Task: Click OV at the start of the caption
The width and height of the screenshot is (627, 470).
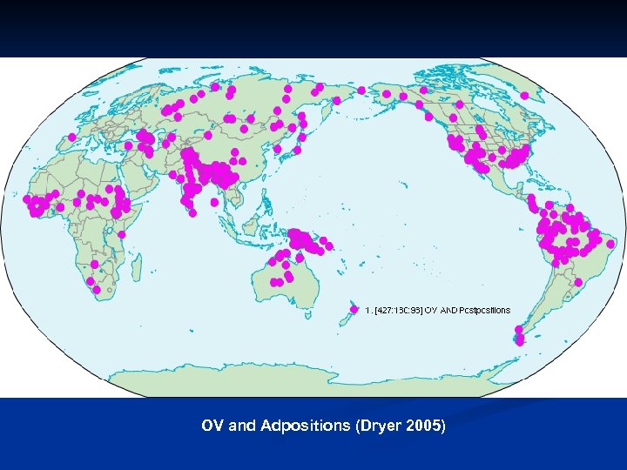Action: [212, 426]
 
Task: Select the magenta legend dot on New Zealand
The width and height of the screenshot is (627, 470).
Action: [354, 310]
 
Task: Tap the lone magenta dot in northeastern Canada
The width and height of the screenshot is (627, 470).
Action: [525, 96]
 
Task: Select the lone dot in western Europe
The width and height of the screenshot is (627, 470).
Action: [71, 137]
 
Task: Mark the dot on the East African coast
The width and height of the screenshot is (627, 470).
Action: [122, 234]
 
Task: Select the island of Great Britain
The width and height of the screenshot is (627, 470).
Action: [84, 113]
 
